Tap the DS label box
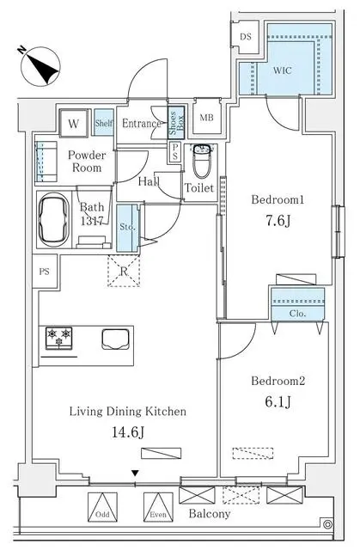tap(245, 37)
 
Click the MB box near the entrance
tap(207, 118)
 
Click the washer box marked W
tap(74, 123)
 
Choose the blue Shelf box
tap(103, 123)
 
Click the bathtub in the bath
tap(54, 218)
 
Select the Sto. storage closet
tap(126, 229)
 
